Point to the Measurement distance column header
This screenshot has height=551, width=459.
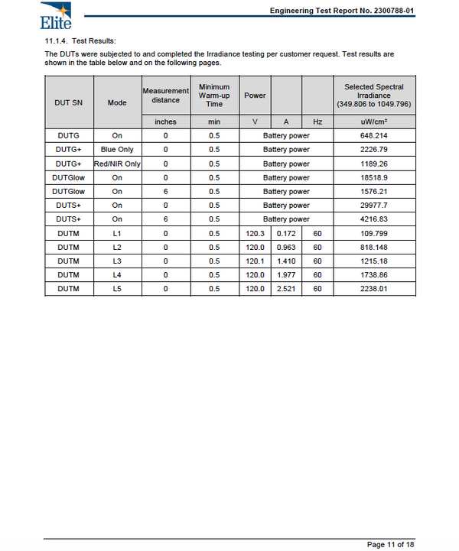(165, 96)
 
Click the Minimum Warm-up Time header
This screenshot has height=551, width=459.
(214, 96)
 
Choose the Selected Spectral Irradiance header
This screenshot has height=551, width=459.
(374, 96)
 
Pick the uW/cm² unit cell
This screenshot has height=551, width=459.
(374, 122)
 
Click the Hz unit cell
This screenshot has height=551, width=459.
(317, 122)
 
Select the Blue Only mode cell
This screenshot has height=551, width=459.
(117, 150)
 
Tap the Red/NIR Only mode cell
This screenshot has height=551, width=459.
(117, 164)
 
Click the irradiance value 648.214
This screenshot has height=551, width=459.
(374, 136)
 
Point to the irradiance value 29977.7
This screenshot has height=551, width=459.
(374, 206)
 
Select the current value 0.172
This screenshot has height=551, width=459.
(285, 233)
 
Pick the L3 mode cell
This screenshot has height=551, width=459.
(117, 261)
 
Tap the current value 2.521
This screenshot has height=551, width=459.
(285, 289)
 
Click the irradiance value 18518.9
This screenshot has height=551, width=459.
(374, 177)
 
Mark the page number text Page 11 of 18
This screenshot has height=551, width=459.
(391, 544)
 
